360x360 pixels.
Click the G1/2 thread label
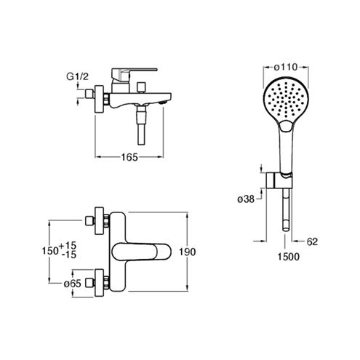click(x=78, y=76)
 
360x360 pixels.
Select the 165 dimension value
click(x=129, y=157)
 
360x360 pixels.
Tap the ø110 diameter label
click(x=286, y=67)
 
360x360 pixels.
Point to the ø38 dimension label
click(x=246, y=199)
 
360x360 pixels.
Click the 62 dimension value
click(x=312, y=241)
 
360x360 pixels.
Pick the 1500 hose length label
click(x=289, y=257)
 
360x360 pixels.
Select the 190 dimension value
click(x=188, y=252)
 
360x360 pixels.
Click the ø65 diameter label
click(x=72, y=284)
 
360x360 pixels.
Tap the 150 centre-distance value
click(x=50, y=251)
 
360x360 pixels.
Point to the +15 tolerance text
click(x=68, y=245)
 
